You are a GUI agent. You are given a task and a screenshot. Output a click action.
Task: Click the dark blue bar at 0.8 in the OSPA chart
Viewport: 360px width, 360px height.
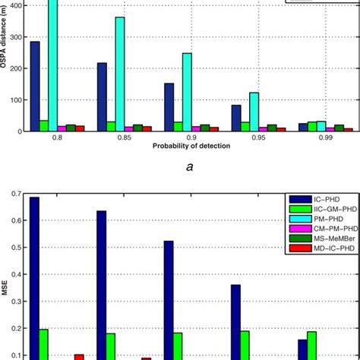click(x=35, y=86)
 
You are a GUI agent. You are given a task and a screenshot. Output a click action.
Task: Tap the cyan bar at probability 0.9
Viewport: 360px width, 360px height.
click(x=187, y=92)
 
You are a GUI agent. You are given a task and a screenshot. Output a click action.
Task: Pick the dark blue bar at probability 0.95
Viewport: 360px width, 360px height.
click(x=236, y=118)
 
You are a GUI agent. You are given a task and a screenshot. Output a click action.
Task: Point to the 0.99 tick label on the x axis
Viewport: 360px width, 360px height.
click(x=326, y=137)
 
